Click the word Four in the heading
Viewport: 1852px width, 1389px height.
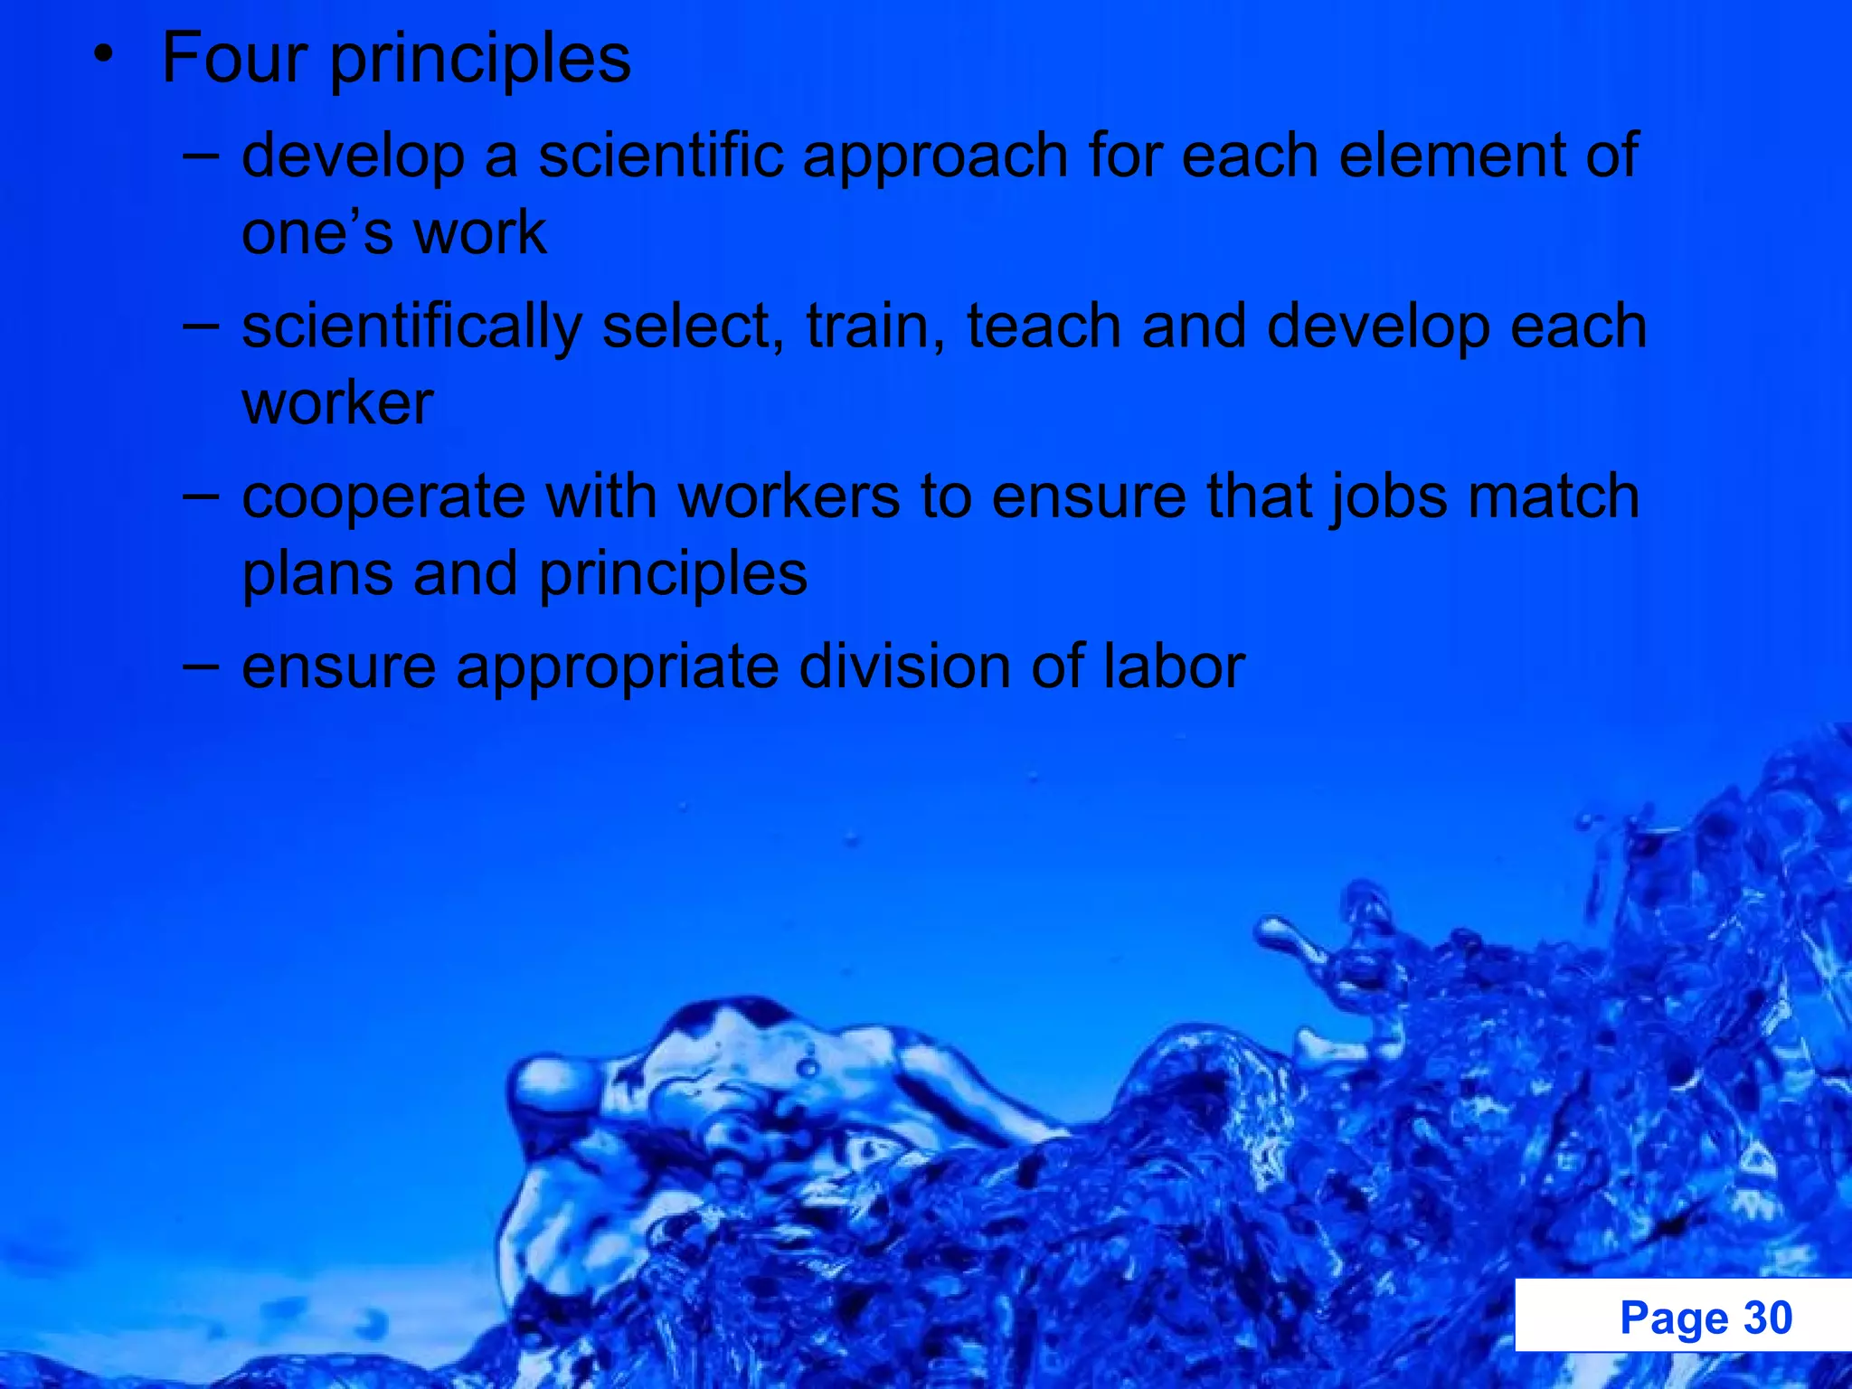tap(234, 58)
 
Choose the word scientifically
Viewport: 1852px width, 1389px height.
tap(411, 327)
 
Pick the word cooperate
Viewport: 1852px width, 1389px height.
tap(383, 498)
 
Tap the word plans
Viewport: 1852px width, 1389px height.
tap(317, 575)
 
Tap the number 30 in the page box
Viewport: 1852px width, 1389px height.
tap(1768, 1318)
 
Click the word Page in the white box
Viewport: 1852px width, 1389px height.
tap(1674, 1318)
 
